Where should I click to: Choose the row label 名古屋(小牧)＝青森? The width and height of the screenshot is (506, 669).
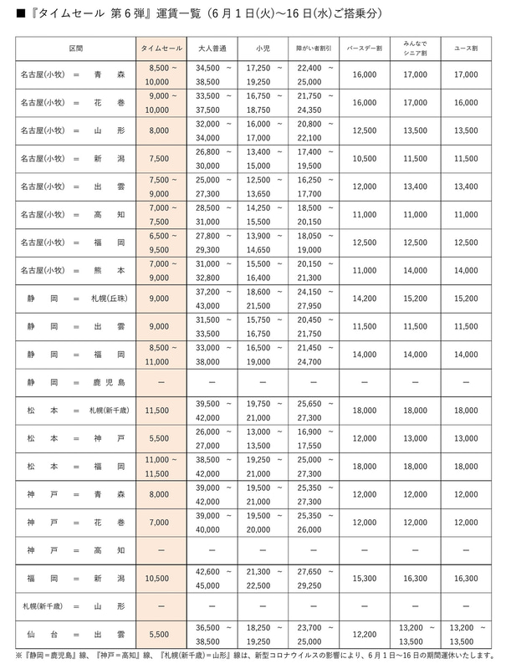click(x=75, y=75)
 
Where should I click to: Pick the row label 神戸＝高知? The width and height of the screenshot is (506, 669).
click(x=75, y=549)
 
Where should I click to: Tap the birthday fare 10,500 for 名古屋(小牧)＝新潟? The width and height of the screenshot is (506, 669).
click(x=364, y=158)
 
